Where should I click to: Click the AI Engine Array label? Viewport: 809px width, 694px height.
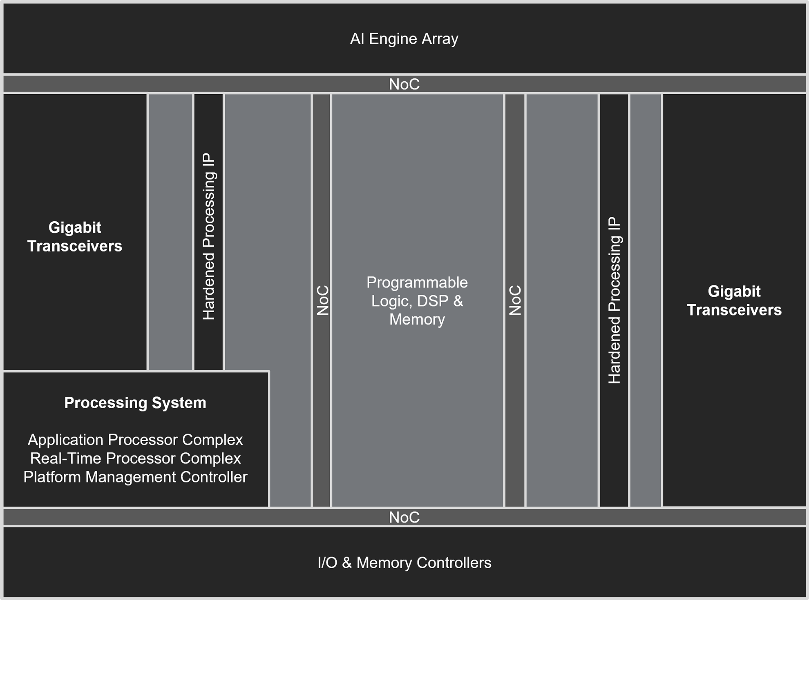click(x=404, y=39)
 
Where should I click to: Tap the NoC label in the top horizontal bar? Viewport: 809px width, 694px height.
click(x=404, y=84)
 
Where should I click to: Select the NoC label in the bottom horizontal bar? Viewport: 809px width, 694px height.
click(x=404, y=517)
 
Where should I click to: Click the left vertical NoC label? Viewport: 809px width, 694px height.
click(x=322, y=300)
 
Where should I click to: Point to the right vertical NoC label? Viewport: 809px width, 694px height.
click(x=515, y=300)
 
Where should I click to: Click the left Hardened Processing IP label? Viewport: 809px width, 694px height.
click(x=208, y=236)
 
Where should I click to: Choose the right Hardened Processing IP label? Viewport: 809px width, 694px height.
click(x=614, y=300)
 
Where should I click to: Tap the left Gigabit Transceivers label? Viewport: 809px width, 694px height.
click(x=75, y=237)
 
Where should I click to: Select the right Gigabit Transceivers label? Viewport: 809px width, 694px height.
click(x=734, y=300)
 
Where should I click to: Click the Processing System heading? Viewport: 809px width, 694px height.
click(x=135, y=403)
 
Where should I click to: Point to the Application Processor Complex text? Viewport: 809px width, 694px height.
click(x=135, y=440)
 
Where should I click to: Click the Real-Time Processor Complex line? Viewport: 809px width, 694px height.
click(x=135, y=458)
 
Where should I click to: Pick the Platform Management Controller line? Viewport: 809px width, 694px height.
click(x=135, y=477)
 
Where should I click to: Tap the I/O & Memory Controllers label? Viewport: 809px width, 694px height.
click(x=404, y=563)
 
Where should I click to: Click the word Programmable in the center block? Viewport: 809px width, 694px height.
click(x=417, y=282)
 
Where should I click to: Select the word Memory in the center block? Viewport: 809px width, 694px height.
click(x=417, y=319)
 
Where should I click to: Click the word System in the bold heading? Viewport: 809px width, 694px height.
click(x=179, y=403)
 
